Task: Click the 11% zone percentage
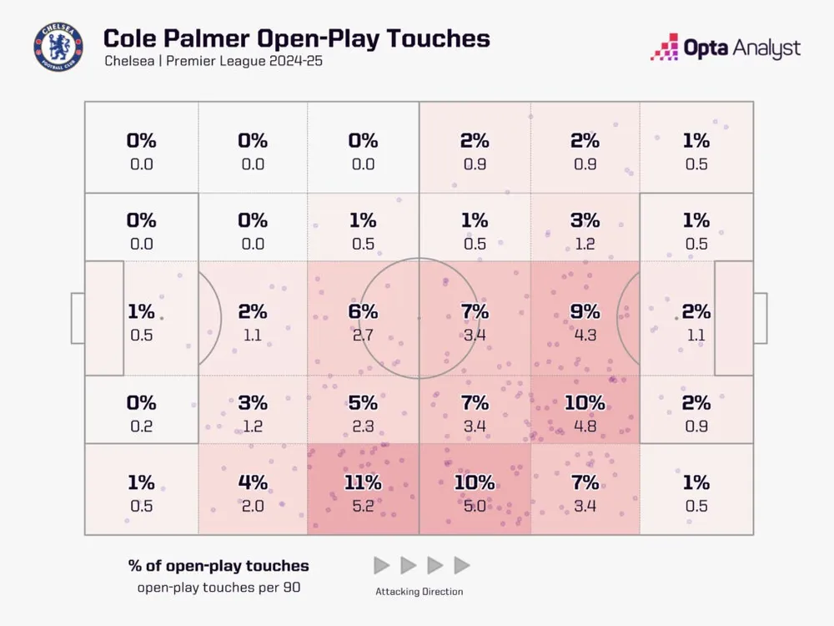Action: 363,482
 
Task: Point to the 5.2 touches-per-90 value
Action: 363,506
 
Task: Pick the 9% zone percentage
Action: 585,311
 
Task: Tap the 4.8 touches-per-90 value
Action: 585,426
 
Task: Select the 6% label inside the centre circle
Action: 363,311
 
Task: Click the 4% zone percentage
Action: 253,482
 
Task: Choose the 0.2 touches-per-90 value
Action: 141,426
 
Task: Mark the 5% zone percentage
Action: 363,402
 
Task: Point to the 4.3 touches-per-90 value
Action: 585,335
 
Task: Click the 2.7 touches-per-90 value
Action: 363,335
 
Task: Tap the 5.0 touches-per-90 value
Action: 474,506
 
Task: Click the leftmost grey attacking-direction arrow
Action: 381,565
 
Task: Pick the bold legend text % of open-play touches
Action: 219,565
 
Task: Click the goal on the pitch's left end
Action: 78,318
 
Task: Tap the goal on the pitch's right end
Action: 760,318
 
